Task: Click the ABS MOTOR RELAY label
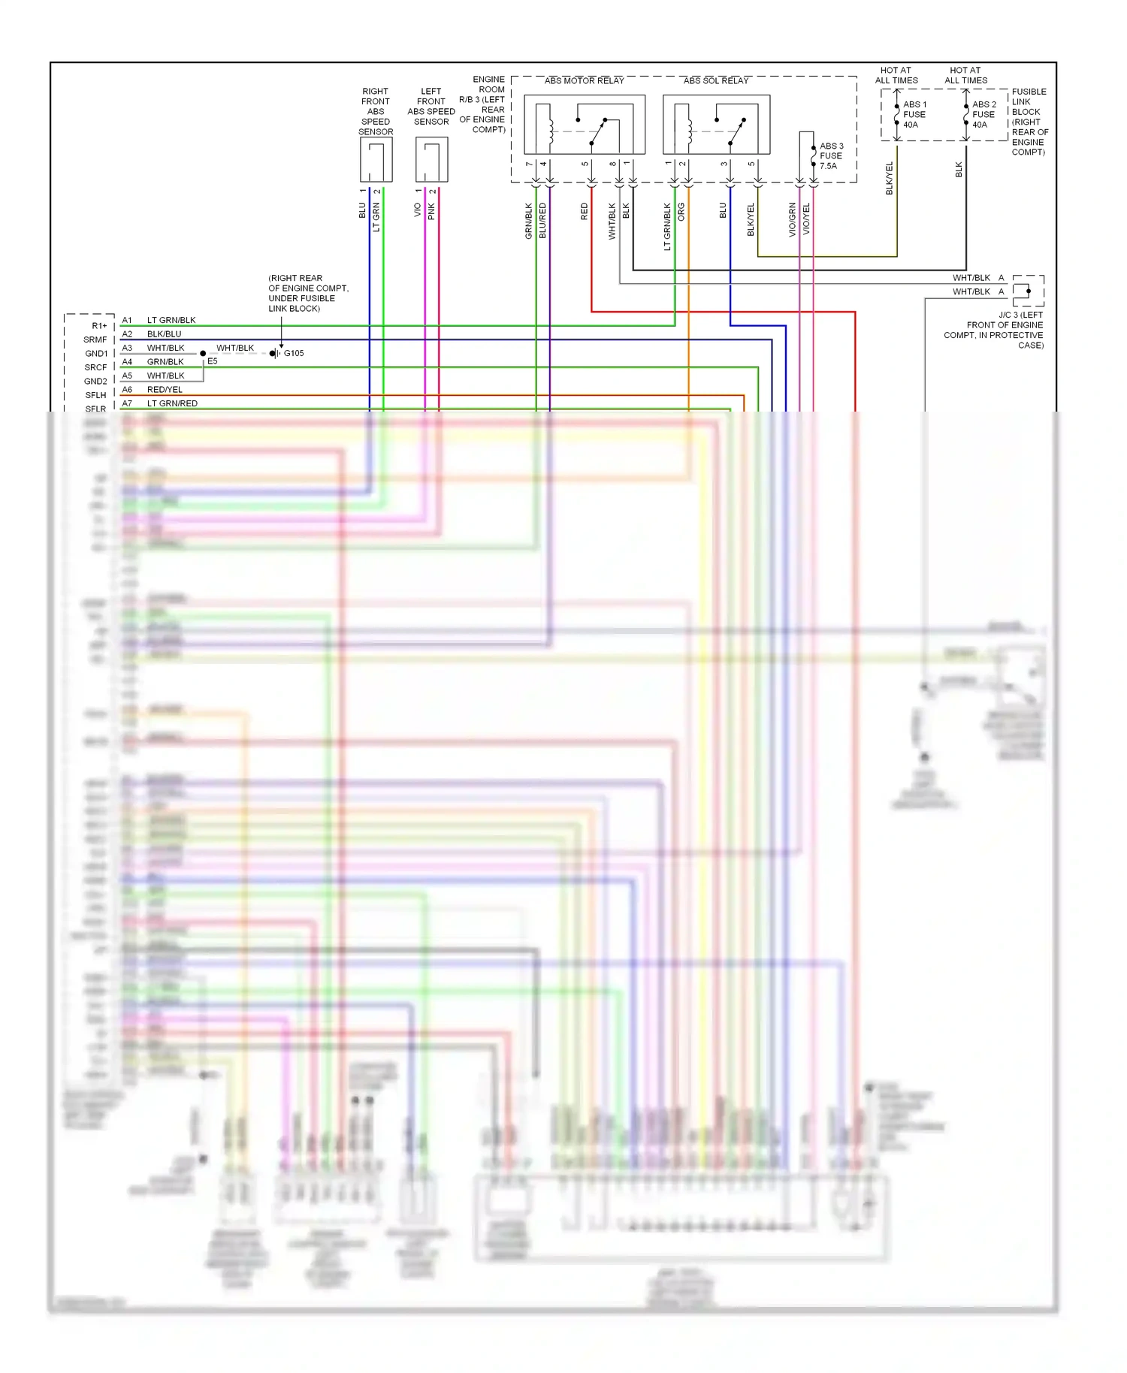click(584, 80)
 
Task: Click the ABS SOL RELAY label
click(715, 80)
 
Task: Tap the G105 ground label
click(294, 353)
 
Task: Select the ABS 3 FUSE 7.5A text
click(831, 156)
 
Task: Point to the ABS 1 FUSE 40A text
click(914, 115)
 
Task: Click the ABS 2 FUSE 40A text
click(983, 115)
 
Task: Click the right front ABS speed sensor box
click(376, 159)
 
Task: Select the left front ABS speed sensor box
click(431, 159)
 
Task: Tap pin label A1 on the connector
click(127, 320)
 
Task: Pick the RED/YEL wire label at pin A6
click(165, 390)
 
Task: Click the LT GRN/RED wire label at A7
click(172, 403)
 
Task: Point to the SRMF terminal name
click(95, 339)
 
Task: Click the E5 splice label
click(213, 361)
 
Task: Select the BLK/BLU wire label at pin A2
click(164, 334)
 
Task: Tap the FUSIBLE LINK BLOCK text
click(1029, 122)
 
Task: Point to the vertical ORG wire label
click(681, 212)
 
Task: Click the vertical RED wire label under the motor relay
click(585, 212)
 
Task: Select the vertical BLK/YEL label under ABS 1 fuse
click(890, 179)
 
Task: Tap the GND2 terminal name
click(95, 382)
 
